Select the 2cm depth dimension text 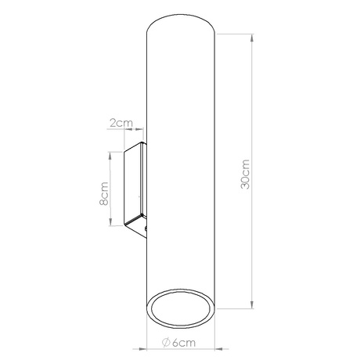tap(121, 123)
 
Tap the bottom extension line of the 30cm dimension tap(235, 308)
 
